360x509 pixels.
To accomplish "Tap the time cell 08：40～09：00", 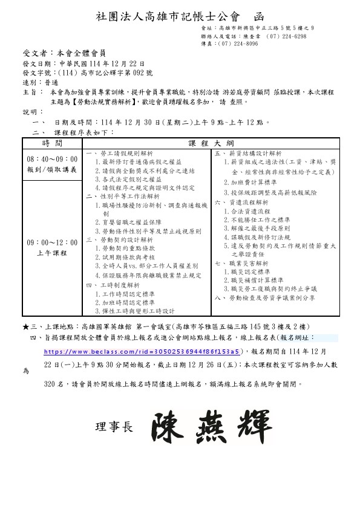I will pyautogui.click(x=52, y=159).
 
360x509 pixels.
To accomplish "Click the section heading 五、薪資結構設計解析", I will pyautogui.click(x=248, y=154).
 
